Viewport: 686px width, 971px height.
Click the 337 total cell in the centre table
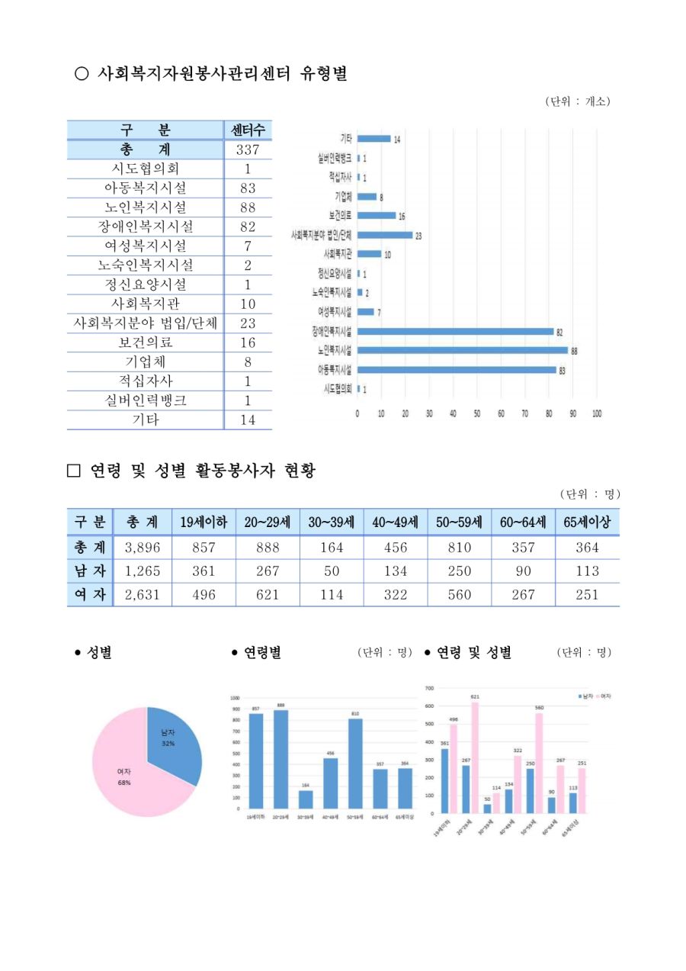click(248, 150)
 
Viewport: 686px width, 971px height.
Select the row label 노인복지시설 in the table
click(145, 207)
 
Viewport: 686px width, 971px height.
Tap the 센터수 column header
click(248, 130)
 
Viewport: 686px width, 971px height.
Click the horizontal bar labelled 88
click(463, 351)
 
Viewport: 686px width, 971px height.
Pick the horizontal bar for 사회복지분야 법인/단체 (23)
click(385, 236)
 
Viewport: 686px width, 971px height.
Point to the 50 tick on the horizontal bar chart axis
click(477, 413)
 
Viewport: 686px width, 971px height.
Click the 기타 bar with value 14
click(373, 139)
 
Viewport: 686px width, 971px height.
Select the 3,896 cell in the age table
click(142, 548)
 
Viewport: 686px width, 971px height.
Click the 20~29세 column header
click(268, 523)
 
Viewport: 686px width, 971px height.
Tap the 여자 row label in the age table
click(90, 594)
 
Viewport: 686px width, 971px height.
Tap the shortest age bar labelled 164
click(306, 799)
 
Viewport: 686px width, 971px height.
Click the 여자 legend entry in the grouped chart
click(604, 696)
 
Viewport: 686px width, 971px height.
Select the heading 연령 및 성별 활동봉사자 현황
click(201, 471)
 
